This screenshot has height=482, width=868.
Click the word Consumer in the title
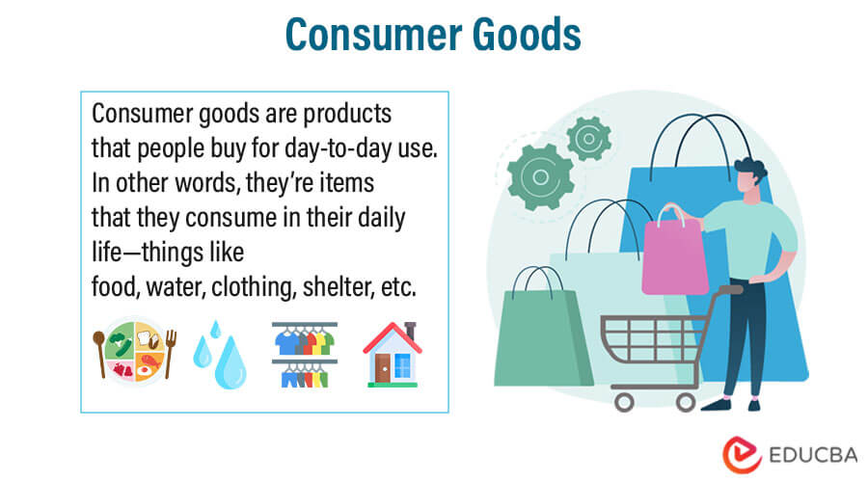(x=375, y=35)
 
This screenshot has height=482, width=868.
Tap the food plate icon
(x=134, y=352)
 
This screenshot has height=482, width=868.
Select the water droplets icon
(x=220, y=355)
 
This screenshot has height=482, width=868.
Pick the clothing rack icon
(x=305, y=355)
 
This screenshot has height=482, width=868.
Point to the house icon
(x=392, y=354)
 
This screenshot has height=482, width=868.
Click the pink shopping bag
(x=674, y=252)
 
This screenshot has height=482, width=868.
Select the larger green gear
(x=540, y=177)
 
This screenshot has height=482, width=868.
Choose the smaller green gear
(x=588, y=139)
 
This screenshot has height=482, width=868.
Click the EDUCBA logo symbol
(x=742, y=455)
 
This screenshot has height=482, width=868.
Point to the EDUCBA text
(x=813, y=455)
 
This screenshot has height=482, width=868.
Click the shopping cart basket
(x=652, y=338)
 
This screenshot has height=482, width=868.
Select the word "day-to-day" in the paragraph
(x=339, y=148)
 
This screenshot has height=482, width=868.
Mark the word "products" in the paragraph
(x=347, y=114)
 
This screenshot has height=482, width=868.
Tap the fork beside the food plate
(x=170, y=354)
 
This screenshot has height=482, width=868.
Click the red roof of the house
(x=392, y=336)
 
